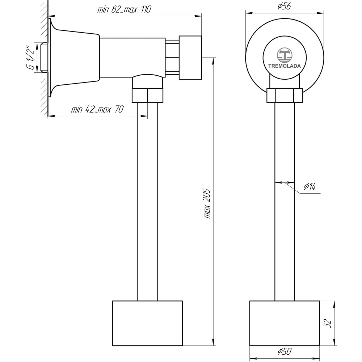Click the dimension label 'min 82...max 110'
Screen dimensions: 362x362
coord(124,9)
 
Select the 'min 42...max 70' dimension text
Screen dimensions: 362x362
coord(97,109)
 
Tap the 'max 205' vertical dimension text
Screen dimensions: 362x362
coord(207,203)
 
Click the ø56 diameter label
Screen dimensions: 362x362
coord(284,6)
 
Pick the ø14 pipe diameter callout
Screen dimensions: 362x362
coord(310,186)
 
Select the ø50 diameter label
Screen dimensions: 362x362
coord(285,352)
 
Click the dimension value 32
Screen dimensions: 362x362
coord(327,323)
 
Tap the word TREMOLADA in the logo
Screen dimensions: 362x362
coord(285,66)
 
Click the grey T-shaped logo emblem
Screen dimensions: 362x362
coord(285,55)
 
